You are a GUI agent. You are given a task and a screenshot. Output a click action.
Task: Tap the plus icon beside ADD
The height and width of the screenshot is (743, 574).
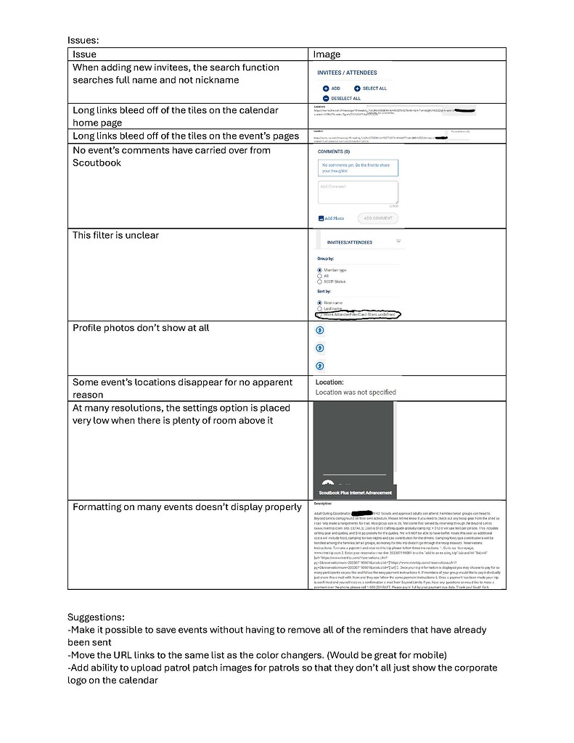pos(327,89)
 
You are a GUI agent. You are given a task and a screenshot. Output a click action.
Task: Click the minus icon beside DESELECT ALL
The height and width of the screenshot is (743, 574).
pos(327,98)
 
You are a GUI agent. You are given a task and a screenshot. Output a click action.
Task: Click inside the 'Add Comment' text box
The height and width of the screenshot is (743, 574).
pos(358,193)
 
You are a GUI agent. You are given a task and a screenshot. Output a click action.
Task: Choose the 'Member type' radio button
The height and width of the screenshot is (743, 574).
pos(320,270)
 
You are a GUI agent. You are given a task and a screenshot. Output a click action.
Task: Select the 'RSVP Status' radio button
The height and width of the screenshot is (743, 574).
pos(320,282)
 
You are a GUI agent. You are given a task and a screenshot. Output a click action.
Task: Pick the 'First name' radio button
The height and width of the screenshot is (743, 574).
pos(320,303)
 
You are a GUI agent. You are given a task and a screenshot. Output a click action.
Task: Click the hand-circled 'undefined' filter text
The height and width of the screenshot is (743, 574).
pos(358,315)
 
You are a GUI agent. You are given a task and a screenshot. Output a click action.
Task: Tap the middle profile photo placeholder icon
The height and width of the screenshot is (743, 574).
pos(321,348)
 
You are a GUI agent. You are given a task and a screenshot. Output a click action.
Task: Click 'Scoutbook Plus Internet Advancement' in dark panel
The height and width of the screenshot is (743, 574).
pos(356,493)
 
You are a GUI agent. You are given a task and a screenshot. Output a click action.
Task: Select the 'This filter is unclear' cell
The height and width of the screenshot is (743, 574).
pos(115,235)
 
